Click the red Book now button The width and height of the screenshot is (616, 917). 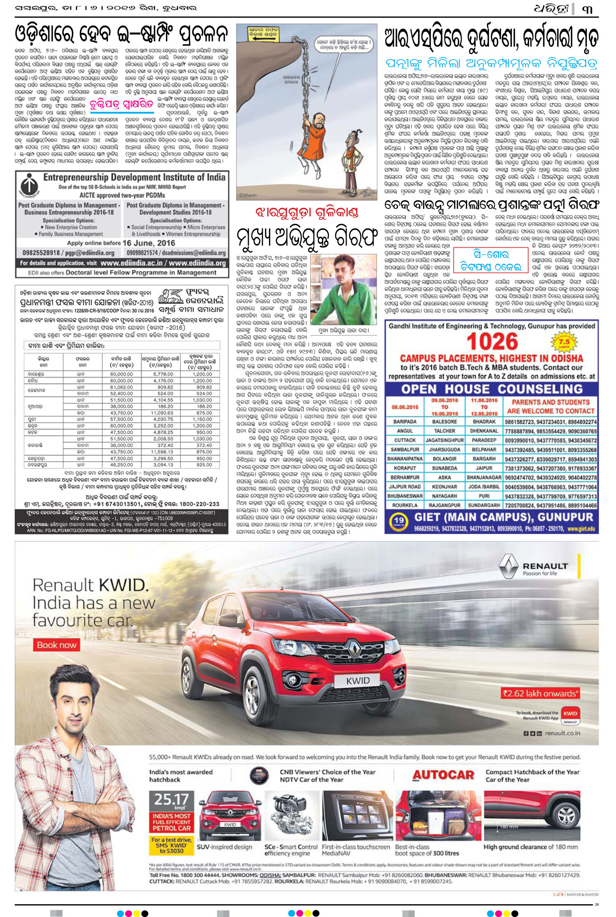[x=57, y=645]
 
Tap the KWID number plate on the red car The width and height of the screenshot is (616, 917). [x=358, y=680]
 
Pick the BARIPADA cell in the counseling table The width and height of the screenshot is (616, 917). [x=405, y=422]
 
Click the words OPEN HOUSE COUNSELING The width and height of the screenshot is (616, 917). [x=492, y=389]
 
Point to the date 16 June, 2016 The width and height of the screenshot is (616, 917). [x=148, y=243]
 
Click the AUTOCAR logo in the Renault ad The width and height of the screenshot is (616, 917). [x=444, y=775]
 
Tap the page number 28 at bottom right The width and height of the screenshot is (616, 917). [x=596, y=904]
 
